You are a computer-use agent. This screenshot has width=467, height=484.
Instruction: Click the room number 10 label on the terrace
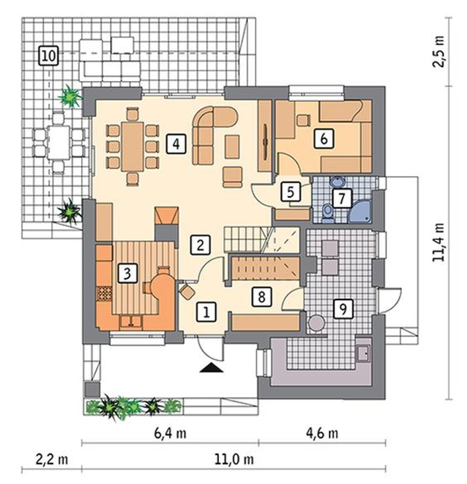click(x=49, y=56)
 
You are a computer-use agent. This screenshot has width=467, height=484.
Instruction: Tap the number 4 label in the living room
click(x=176, y=144)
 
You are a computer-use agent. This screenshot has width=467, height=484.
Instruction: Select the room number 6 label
click(x=324, y=139)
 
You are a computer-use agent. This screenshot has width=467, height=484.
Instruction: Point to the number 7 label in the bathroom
click(x=341, y=198)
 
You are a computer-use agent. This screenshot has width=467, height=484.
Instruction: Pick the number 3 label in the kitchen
click(x=127, y=274)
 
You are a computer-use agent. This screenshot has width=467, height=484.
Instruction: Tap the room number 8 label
click(x=261, y=296)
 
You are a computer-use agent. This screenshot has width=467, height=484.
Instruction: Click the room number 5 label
click(x=291, y=192)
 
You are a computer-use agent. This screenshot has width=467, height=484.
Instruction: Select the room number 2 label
click(x=200, y=245)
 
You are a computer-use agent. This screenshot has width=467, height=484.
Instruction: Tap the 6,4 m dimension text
click(x=170, y=433)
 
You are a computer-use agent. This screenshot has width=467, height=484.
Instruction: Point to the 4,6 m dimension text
click(x=322, y=433)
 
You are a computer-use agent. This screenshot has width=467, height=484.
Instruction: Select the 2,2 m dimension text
click(x=52, y=459)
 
